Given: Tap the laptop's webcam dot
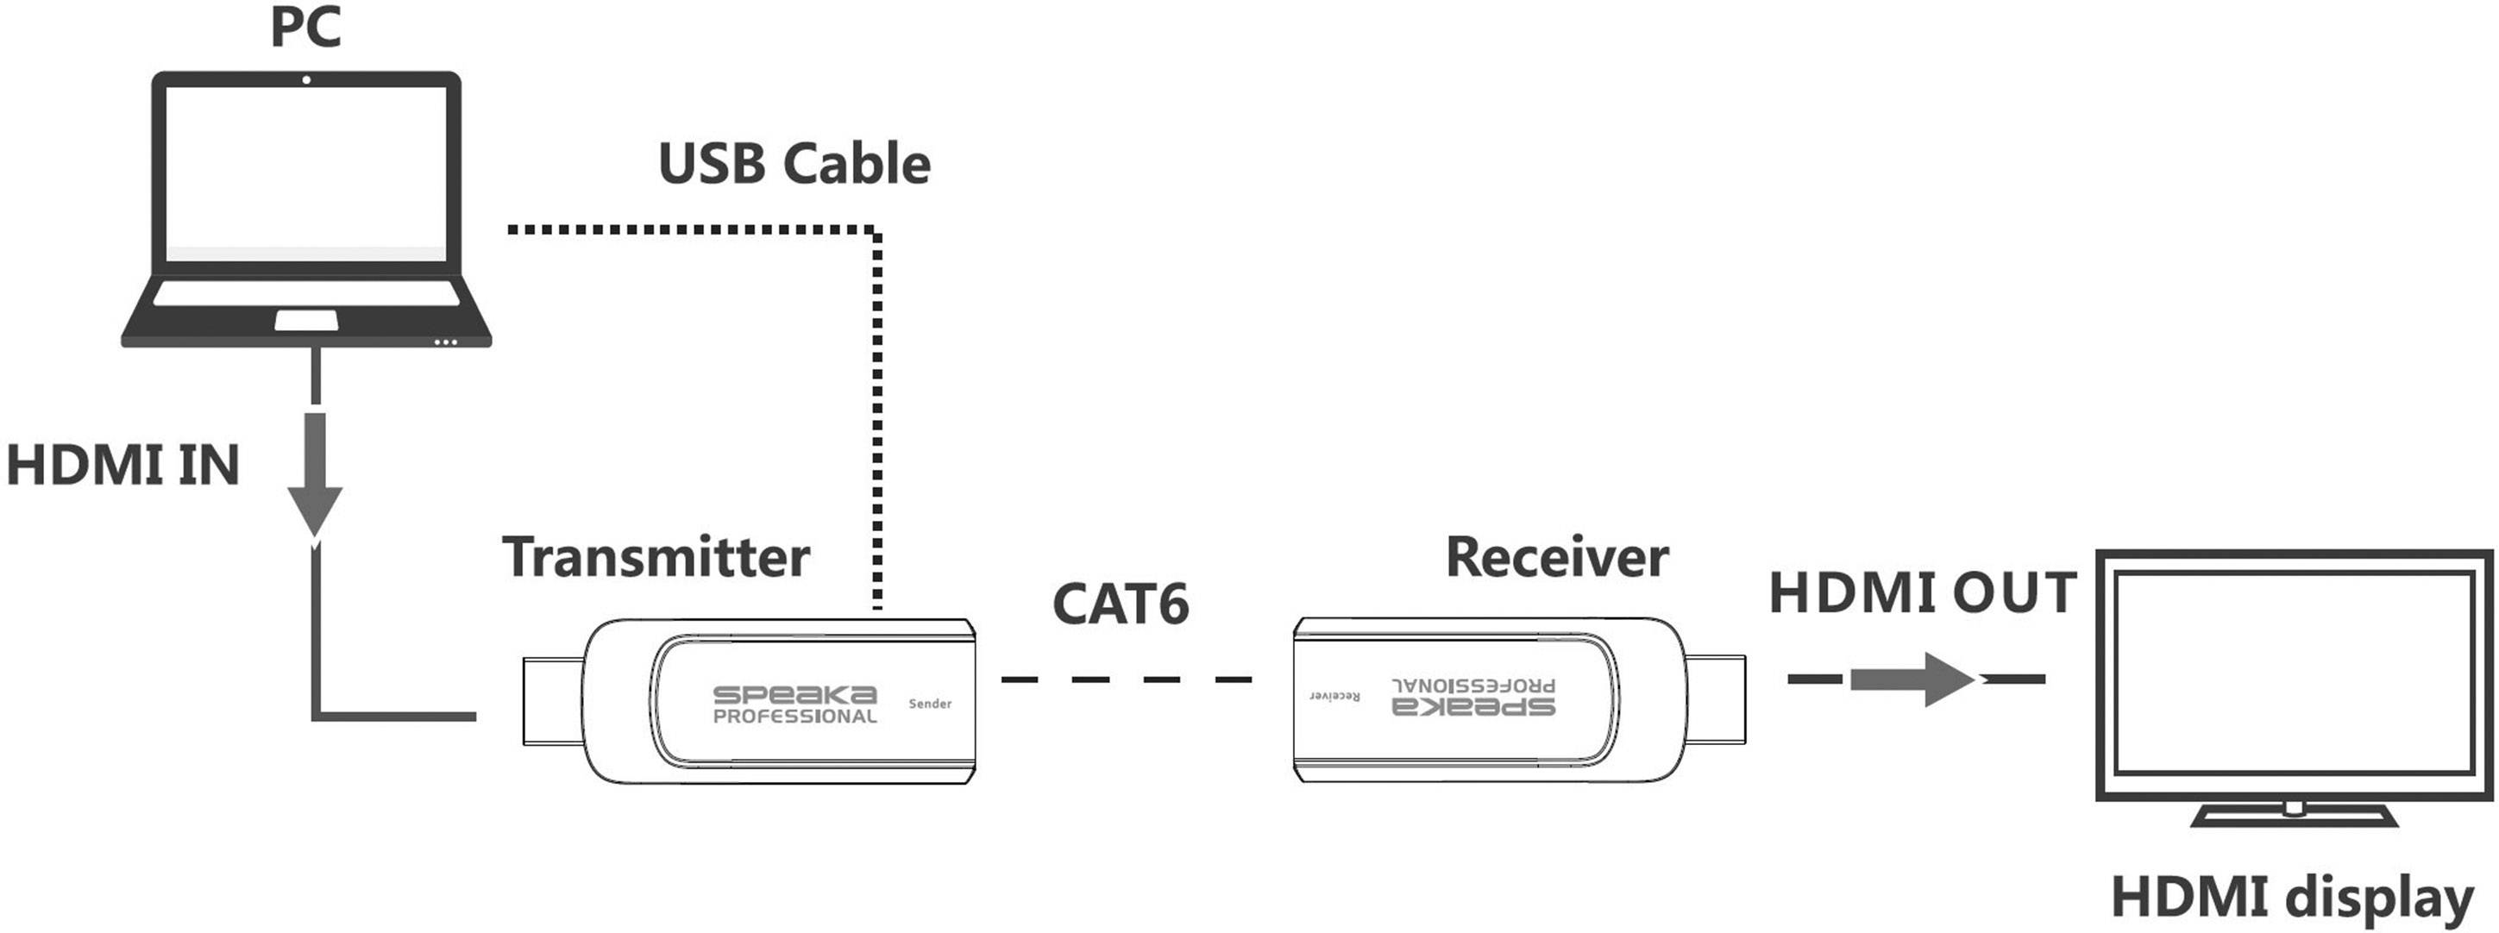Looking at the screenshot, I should (306, 79).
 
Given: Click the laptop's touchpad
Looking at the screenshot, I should (306, 320).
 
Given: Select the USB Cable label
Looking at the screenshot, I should (794, 163).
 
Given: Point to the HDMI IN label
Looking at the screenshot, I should (123, 465).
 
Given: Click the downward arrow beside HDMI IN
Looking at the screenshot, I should (315, 475).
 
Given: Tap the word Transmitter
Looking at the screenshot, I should (656, 557).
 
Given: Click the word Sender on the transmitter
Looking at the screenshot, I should (929, 703).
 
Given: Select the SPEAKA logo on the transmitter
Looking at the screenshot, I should (794, 695).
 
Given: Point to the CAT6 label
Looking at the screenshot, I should (1121, 604).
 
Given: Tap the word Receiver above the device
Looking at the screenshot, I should (1557, 557).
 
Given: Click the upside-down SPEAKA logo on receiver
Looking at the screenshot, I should (1473, 706).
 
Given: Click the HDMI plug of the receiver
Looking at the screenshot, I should (1715, 699).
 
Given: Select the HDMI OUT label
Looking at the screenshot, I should (1923, 592).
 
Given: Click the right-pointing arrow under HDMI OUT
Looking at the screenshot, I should (1911, 679).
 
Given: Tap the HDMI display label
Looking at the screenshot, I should (2291, 897).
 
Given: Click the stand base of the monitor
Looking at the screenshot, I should (2295, 818).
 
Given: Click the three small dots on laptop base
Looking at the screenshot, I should (445, 341).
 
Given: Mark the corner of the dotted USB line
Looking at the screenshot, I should (876, 232).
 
